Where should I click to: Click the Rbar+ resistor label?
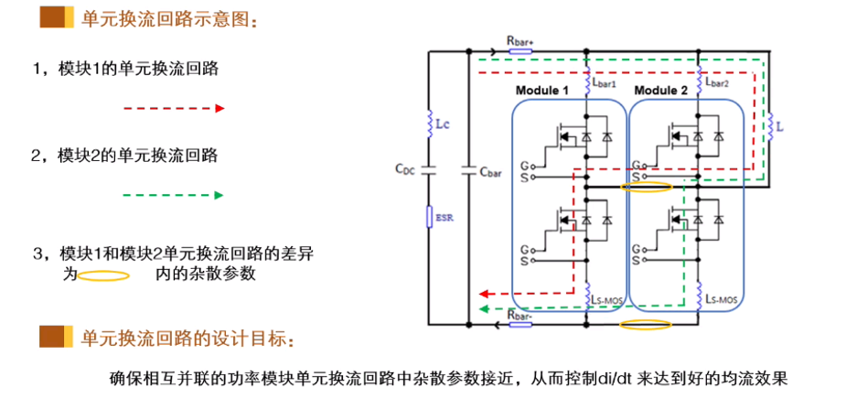(519, 40)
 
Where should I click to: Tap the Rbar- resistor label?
(519, 315)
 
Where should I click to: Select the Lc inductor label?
(443, 124)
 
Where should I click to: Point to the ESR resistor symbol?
(430, 217)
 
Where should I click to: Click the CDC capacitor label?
(406, 168)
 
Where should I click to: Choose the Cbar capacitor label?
(491, 172)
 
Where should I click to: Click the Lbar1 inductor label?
(605, 83)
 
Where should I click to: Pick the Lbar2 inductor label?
(717, 83)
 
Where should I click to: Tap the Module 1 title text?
(542, 91)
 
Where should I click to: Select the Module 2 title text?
(661, 91)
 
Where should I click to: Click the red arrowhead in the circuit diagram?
(484, 294)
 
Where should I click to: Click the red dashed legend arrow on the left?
(174, 109)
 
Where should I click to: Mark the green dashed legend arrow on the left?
(174, 195)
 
